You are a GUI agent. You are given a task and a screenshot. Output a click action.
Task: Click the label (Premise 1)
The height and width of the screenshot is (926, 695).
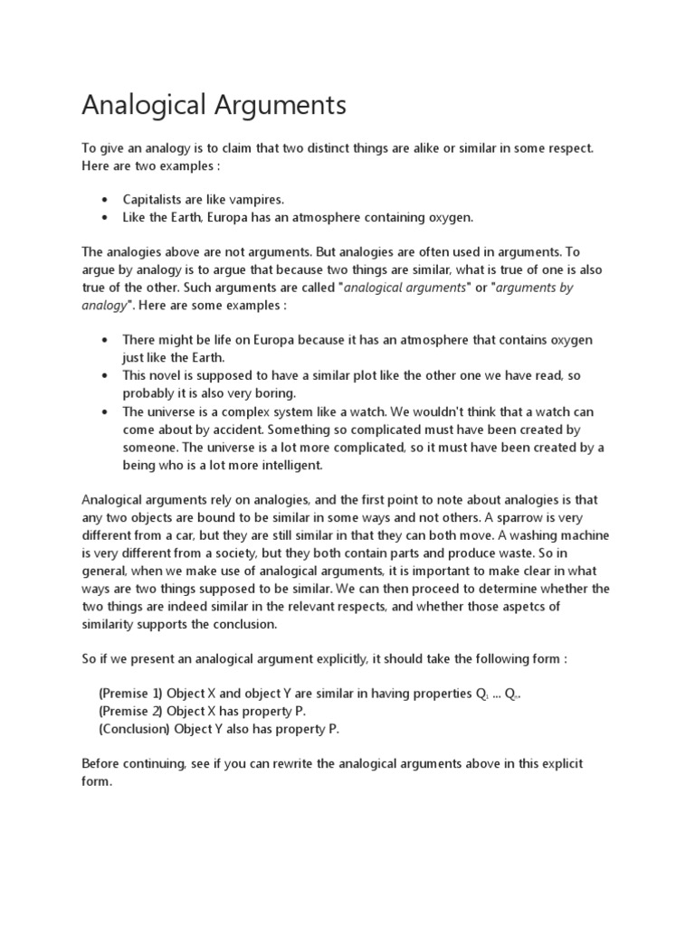click(x=130, y=693)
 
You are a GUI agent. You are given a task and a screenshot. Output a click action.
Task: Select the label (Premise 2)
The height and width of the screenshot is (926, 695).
click(x=130, y=711)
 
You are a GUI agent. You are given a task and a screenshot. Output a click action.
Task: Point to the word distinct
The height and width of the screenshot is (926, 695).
click(x=295, y=147)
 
